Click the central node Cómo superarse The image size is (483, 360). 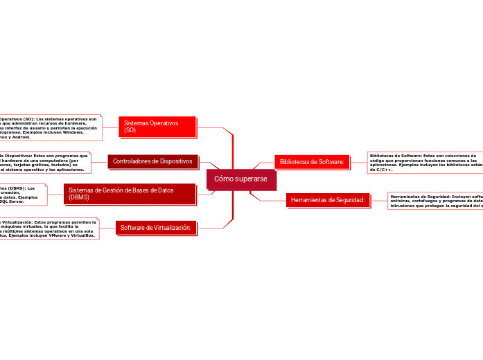[x=236, y=179]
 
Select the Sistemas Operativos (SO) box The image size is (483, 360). [x=157, y=127]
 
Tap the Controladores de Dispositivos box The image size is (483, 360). [x=152, y=161]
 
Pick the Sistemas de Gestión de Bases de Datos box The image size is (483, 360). [x=130, y=193]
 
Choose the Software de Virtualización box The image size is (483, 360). [x=156, y=227]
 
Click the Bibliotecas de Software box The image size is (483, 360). [x=312, y=161]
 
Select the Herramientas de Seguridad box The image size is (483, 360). [x=328, y=200]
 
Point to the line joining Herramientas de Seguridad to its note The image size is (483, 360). [x=379, y=201]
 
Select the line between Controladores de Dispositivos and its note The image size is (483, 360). [x=99, y=161]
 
